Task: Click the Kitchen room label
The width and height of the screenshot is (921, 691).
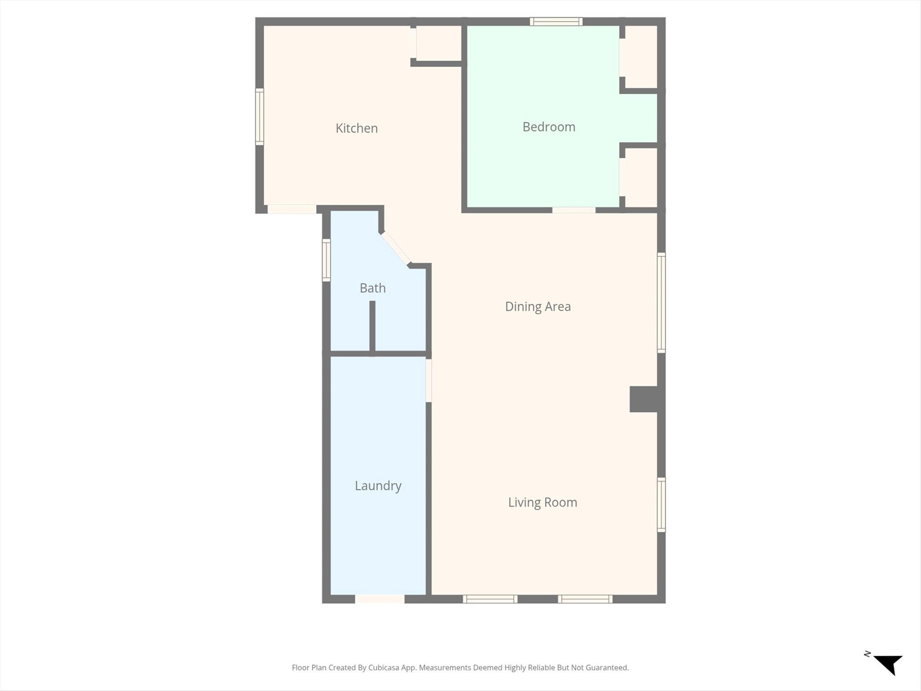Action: (357, 128)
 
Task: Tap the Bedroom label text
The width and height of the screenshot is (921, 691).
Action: (549, 127)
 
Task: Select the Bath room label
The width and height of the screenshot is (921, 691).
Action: (373, 288)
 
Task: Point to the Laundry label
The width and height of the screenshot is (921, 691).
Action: (378, 486)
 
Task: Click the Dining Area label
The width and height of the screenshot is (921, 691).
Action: (538, 306)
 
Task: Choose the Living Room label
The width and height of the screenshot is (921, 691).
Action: (542, 502)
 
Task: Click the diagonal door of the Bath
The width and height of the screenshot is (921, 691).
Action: (396, 248)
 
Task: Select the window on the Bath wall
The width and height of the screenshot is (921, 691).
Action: (326, 260)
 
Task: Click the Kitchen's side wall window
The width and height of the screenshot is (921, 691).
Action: (259, 117)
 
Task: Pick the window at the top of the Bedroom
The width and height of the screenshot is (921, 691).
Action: (556, 22)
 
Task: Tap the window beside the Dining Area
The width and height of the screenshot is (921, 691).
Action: (661, 303)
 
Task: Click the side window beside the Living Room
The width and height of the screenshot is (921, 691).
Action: (661, 505)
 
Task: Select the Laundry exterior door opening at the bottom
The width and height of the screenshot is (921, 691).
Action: (380, 599)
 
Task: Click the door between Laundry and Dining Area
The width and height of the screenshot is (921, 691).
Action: (429, 381)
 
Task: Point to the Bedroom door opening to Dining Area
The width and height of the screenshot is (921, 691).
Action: (574, 210)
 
